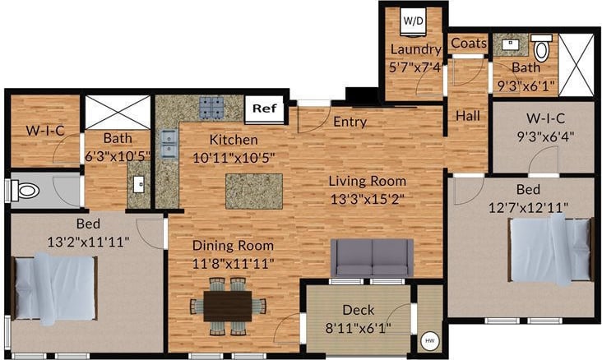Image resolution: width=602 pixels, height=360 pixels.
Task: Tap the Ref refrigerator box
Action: click(x=263, y=108)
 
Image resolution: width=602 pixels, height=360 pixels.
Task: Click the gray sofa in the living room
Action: click(x=372, y=257)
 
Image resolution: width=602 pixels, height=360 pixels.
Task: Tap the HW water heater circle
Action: click(x=429, y=340)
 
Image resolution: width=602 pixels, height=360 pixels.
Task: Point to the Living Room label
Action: click(x=368, y=181)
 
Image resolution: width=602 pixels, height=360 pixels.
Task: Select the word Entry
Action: click(x=350, y=122)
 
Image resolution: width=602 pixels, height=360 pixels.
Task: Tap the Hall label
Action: click(x=467, y=117)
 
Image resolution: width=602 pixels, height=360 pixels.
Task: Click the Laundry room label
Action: click(x=415, y=49)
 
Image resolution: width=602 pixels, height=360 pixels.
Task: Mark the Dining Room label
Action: click(x=234, y=245)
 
